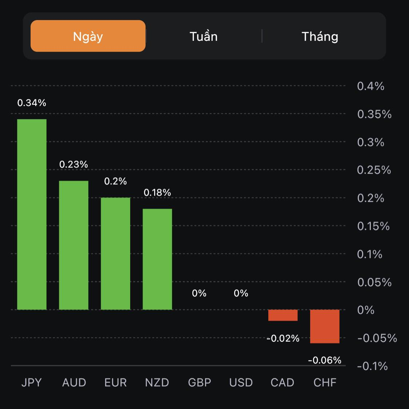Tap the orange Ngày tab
pos(88,36)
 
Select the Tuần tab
pos(204,36)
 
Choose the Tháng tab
pos(320,36)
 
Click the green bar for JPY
pos(32,215)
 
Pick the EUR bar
pos(116,253)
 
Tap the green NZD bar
pos(157,259)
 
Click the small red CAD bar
pos(283,315)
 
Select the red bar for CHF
pos(325,326)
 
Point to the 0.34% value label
pos(32,103)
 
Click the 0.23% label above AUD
pos(73,165)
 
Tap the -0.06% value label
pos(325,361)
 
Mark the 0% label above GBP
pos(199,293)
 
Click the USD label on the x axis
pos(241,382)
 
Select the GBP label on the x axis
pos(200,382)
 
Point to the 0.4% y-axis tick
pos(370,86)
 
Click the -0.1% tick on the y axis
pos(372,366)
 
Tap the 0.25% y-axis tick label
pos(374,170)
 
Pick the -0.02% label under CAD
pos(283,339)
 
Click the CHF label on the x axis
pos(325,382)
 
